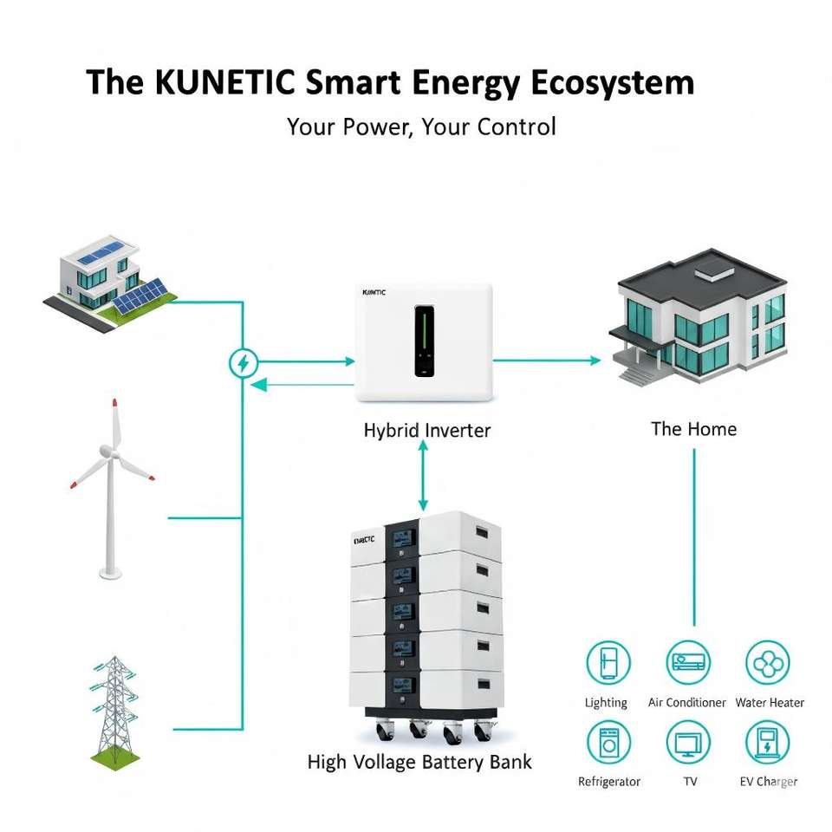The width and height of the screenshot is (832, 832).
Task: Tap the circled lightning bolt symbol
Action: [243, 362]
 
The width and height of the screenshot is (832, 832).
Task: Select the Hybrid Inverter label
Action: [426, 430]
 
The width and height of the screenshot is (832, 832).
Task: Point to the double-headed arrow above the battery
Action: [423, 475]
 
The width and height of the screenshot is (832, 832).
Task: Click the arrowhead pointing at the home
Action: [595, 360]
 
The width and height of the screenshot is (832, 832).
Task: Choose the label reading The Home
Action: [693, 429]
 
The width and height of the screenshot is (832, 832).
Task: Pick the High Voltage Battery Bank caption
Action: [419, 763]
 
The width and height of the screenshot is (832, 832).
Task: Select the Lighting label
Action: [606, 703]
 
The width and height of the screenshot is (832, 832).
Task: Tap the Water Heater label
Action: [770, 703]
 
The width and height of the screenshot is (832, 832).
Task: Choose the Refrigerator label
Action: [609, 782]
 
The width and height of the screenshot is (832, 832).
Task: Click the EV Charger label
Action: [769, 782]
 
